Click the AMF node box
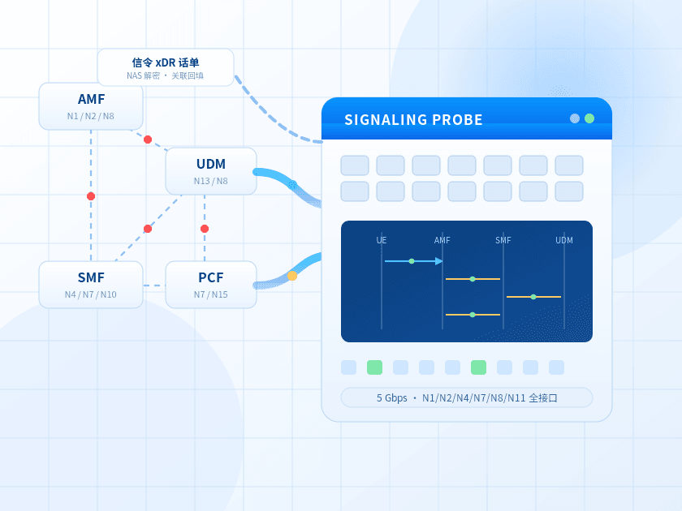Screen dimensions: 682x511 [x=91, y=106]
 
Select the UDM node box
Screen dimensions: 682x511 [x=211, y=171]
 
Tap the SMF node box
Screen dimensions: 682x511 [x=91, y=285]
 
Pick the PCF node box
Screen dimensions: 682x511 [x=211, y=285]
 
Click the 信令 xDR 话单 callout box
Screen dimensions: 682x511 [x=166, y=67]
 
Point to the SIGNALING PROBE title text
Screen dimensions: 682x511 [x=413, y=119]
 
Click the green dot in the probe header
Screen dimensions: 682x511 [x=589, y=118]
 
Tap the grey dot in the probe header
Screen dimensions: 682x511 [x=575, y=118]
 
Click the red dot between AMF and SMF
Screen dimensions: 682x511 [x=91, y=196]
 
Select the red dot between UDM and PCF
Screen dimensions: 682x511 [x=205, y=229]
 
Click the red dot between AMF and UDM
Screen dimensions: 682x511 [x=148, y=140]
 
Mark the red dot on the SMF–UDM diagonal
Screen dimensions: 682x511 [x=148, y=229]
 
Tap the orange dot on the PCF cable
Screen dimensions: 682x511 [x=292, y=276]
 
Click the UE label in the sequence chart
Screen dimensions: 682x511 [x=382, y=240]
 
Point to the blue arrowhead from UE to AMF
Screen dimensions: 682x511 [x=439, y=261]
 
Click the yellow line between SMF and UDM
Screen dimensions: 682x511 [x=533, y=297]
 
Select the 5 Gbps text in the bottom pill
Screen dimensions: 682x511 [x=392, y=398]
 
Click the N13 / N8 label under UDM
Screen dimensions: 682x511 [x=211, y=181]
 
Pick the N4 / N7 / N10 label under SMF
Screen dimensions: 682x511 [x=91, y=294]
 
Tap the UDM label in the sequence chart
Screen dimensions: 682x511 [x=564, y=240]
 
